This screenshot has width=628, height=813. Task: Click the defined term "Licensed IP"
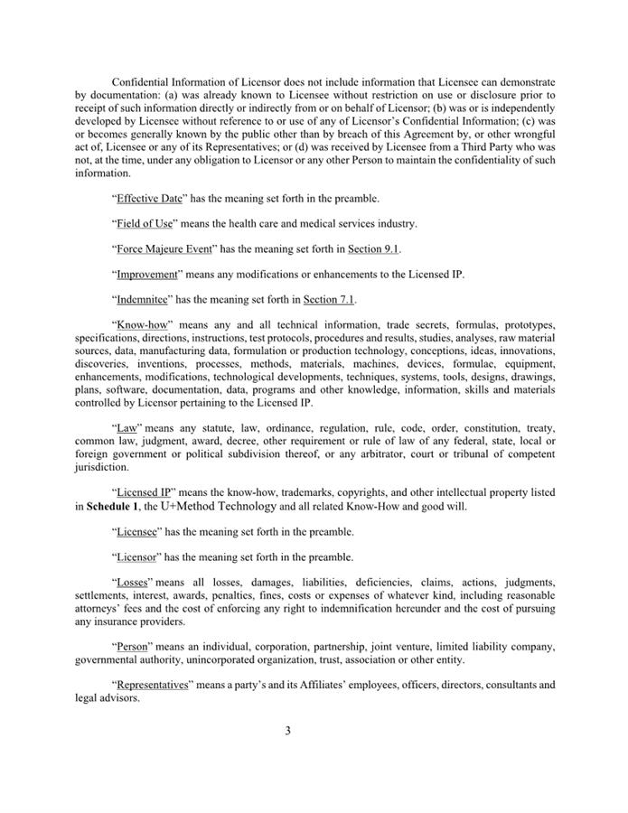pyautogui.click(x=145, y=492)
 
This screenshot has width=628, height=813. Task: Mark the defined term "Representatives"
pyautogui.click(x=155, y=686)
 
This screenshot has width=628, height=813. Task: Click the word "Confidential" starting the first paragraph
pyautogui.click(x=140, y=82)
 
